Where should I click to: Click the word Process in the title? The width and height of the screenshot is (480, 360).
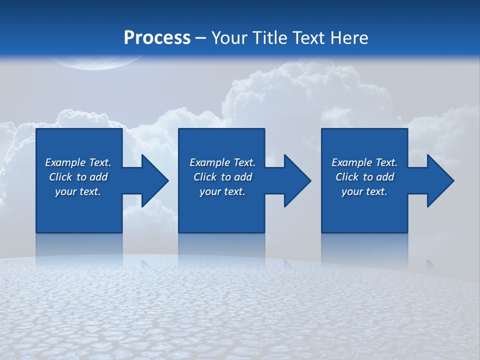(x=157, y=37)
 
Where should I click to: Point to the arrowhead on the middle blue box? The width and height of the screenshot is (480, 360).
(x=297, y=180)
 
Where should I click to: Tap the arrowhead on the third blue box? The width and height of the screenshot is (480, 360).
(x=440, y=180)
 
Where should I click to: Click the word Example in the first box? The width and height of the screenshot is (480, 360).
(x=65, y=162)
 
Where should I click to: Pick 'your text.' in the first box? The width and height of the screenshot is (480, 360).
(x=78, y=191)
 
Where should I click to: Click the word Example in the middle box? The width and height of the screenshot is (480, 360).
(x=209, y=162)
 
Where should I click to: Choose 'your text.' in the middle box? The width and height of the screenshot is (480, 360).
(x=222, y=191)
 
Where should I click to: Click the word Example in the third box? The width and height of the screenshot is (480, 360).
(x=351, y=162)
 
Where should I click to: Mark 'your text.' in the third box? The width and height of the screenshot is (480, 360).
(x=364, y=191)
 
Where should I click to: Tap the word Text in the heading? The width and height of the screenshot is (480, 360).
(x=310, y=37)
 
